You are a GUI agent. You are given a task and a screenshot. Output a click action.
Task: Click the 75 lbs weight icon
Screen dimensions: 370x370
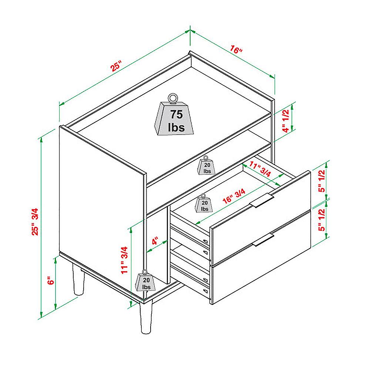[174, 115]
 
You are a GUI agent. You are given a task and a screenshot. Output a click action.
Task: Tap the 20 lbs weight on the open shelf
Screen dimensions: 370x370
[206, 166]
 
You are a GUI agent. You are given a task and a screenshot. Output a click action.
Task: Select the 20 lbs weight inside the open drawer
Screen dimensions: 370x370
[204, 203]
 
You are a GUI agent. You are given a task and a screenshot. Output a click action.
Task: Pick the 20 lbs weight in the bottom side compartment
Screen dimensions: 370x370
[145, 281]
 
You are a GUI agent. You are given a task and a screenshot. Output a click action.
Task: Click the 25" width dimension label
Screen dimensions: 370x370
[116, 66]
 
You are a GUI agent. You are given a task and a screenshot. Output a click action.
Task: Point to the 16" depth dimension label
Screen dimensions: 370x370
[236, 50]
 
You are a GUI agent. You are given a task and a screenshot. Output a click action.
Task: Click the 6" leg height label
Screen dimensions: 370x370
[51, 280]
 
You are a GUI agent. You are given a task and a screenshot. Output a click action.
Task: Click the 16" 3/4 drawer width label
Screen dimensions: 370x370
[234, 196]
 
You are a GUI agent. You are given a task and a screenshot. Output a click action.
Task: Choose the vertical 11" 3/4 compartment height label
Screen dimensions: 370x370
[124, 260]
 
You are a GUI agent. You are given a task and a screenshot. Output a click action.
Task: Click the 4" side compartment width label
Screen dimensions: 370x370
[155, 241]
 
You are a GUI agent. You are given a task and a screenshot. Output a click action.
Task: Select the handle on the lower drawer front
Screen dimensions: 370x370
[263, 240]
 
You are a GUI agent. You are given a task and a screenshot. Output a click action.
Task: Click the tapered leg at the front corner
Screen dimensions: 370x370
[145, 317]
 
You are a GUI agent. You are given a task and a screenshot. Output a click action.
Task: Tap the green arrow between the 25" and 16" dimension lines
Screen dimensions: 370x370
[190, 31]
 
